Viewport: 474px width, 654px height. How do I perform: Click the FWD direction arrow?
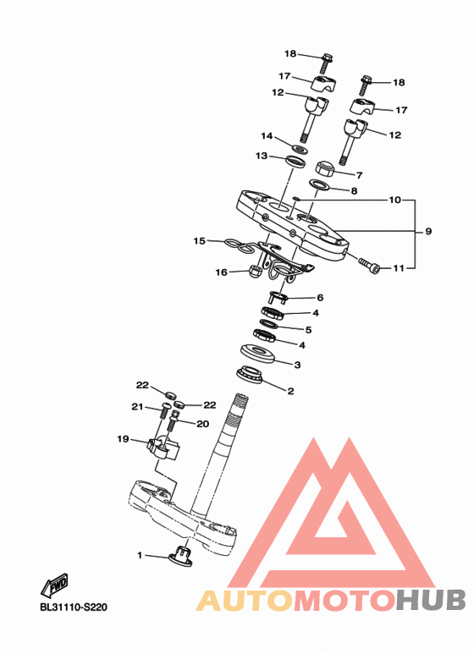pyautogui.click(x=55, y=585)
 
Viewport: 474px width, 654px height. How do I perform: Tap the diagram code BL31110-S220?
pyautogui.click(x=74, y=607)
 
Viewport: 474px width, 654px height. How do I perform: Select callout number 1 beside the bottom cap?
pyautogui.click(x=140, y=555)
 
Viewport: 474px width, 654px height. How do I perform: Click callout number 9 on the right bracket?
pyautogui.click(x=428, y=231)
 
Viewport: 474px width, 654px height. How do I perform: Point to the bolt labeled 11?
pyautogui.click(x=370, y=266)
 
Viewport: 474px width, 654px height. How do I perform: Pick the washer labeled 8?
pyautogui.click(x=319, y=184)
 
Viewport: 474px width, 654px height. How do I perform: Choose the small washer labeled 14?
pyautogui.click(x=299, y=148)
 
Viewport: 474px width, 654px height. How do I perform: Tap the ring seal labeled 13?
pyautogui.click(x=295, y=161)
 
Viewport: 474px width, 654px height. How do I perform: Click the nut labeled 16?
pyautogui.click(x=256, y=272)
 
